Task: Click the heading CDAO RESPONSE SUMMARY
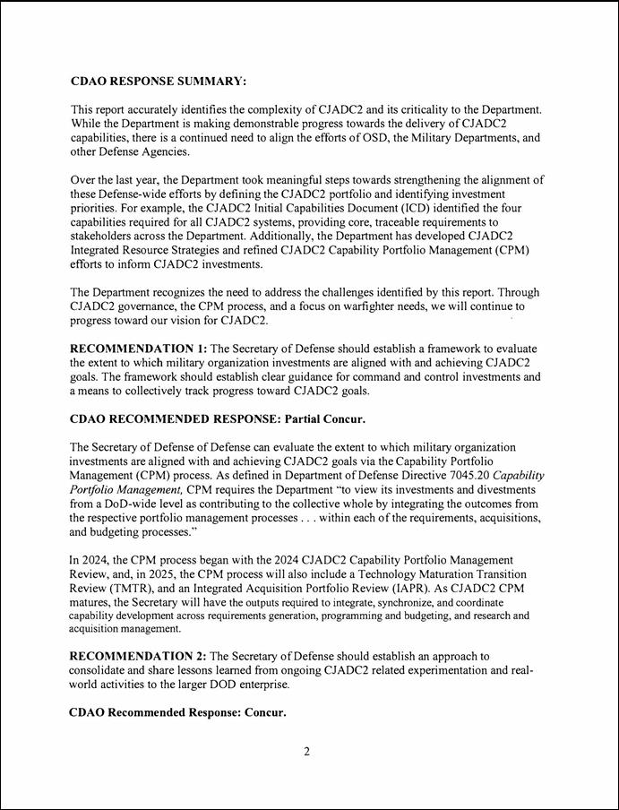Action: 158,82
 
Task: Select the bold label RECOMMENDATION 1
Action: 139,348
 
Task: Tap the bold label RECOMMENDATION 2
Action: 139,656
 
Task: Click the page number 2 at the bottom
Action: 306,752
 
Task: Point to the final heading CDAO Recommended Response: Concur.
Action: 177,713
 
